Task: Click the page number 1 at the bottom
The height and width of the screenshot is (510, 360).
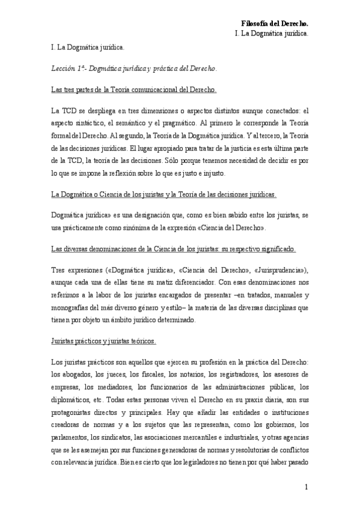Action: pyautogui.click(x=306, y=487)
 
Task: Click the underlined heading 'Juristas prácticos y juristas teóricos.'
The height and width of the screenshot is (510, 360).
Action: pyautogui.click(x=103, y=341)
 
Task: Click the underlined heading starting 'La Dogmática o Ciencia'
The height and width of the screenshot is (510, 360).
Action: pyautogui.click(x=164, y=195)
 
